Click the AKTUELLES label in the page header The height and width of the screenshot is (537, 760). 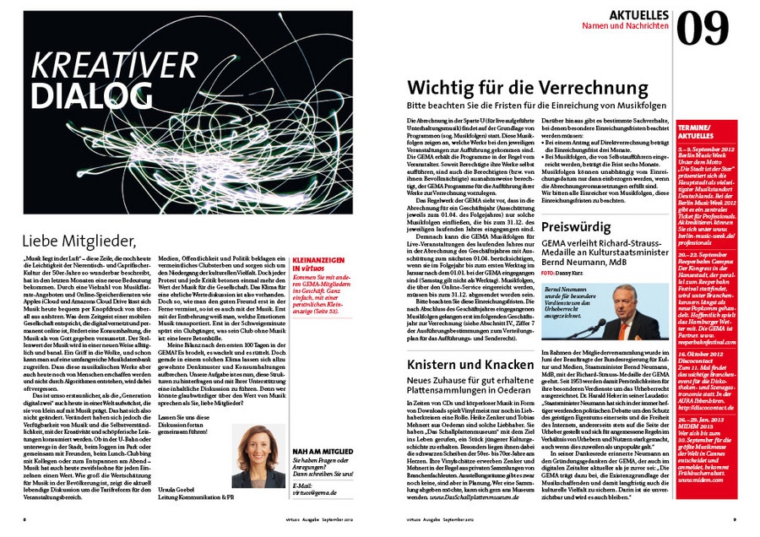[639, 15]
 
